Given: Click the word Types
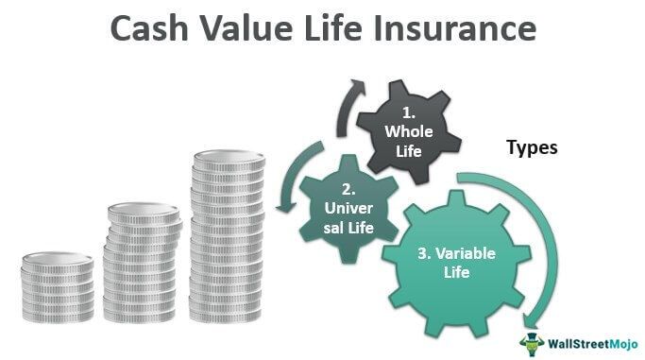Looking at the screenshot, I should (533, 147).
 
